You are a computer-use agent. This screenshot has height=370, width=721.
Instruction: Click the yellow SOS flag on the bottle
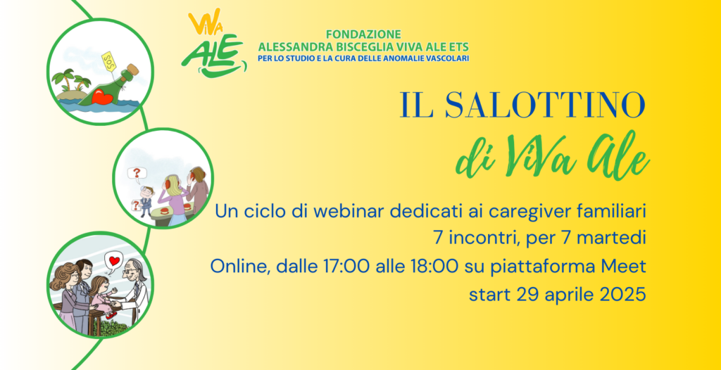tap(108, 61)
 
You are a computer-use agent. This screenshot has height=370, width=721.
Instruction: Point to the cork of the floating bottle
tap(133, 70)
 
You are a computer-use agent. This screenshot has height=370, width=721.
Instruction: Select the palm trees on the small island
tap(71, 80)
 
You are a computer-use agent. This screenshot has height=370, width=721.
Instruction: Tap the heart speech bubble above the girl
tap(114, 261)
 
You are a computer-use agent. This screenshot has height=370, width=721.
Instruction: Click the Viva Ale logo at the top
tap(214, 42)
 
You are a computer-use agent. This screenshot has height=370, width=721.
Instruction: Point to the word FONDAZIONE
tap(364, 34)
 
